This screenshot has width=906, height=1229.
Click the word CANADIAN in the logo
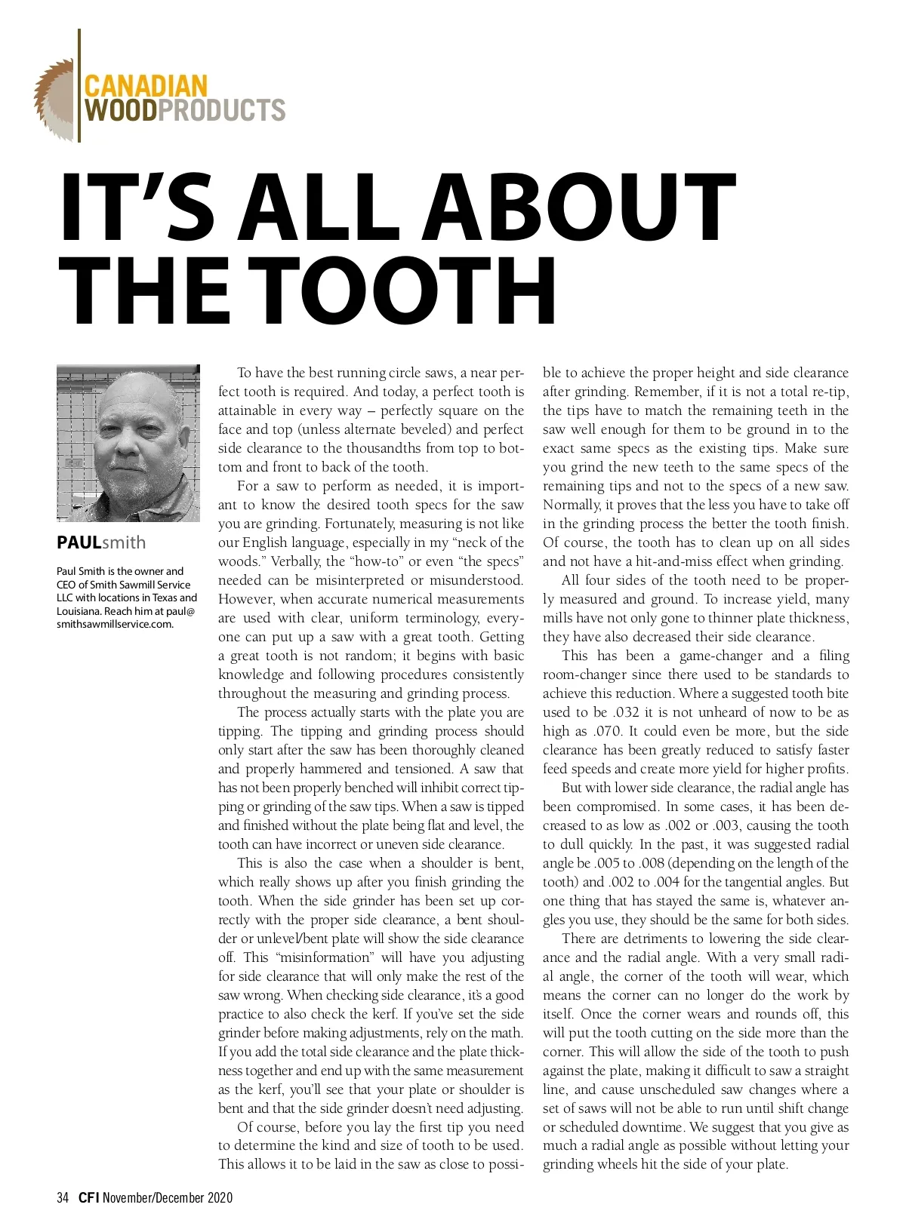pyautogui.click(x=146, y=85)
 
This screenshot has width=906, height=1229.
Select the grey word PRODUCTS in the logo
pyautogui.click(x=222, y=110)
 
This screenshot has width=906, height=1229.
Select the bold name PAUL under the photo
pyautogui.click(x=79, y=542)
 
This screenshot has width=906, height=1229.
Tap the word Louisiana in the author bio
pyautogui.click(x=78, y=611)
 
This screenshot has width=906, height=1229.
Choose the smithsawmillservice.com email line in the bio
pyautogui.click(x=115, y=624)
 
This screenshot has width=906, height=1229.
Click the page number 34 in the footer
pyautogui.click(x=63, y=1197)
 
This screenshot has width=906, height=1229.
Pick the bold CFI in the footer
pyautogui.click(x=88, y=1197)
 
